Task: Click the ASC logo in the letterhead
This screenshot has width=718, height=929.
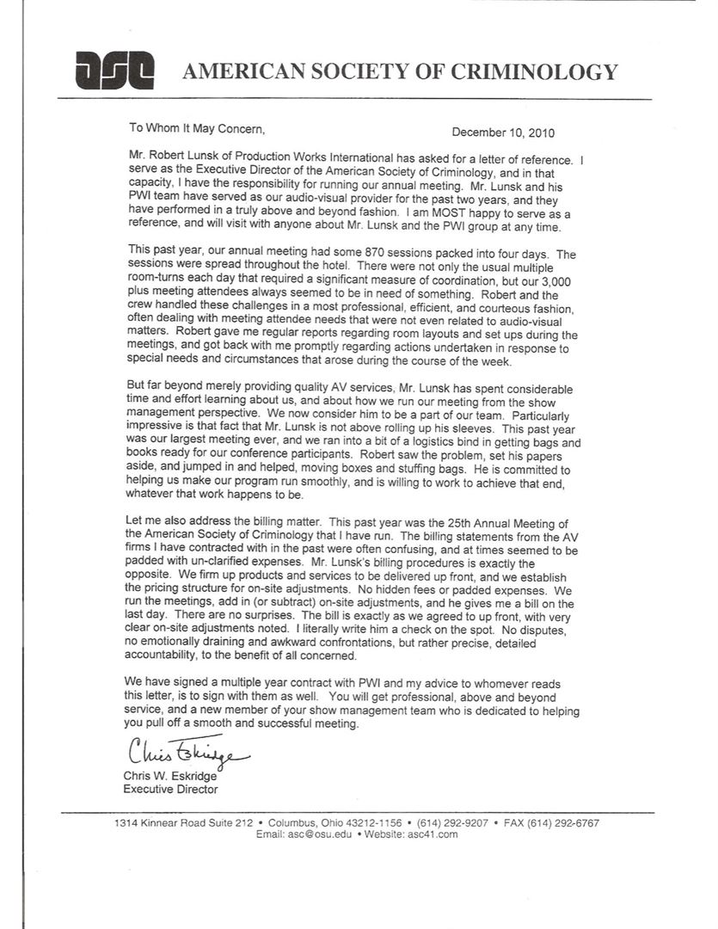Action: click(114, 70)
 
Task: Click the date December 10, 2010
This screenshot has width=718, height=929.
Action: click(503, 132)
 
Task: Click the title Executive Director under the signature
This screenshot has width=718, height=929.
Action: click(170, 789)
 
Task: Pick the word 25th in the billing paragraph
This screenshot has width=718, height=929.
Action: click(460, 522)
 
